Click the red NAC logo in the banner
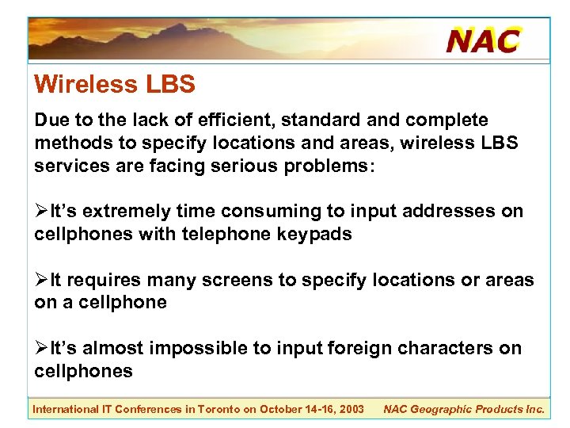click(483, 40)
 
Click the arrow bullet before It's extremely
click(41, 212)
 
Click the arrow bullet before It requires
click(41, 281)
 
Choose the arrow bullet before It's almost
click(41, 349)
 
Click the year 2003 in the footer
click(351, 409)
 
